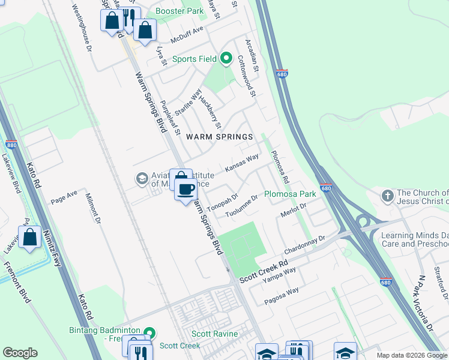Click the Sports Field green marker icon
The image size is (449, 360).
click(226, 59)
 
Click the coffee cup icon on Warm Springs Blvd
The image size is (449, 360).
click(185, 189)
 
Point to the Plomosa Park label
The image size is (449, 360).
click(291, 194)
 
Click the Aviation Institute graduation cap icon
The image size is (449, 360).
click(142, 178)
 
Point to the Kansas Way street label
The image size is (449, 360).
click(242, 163)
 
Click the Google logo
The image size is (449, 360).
click(20, 353)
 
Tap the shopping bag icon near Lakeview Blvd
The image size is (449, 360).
click(29, 238)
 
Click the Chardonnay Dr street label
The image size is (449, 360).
click(304, 242)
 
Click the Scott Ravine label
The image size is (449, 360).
click(214, 334)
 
